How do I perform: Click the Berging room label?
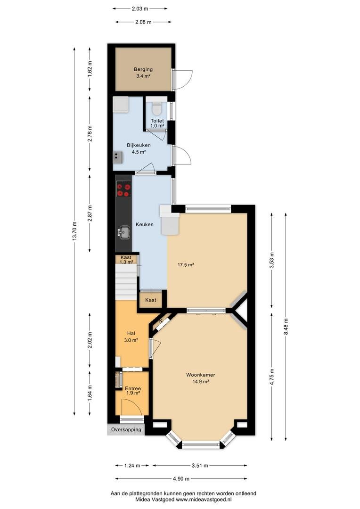pyautogui.click(x=143, y=69)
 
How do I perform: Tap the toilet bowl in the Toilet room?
pyautogui.click(x=157, y=108)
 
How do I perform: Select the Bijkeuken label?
pyautogui.click(x=139, y=146)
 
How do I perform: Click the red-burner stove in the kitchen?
pyautogui.click(x=123, y=190)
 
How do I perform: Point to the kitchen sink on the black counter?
pyautogui.click(x=123, y=232)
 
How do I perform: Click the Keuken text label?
pyautogui.click(x=145, y=224)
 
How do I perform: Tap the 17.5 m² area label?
pyautogui.click(x=186, y=264)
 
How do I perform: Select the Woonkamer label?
pyautogui.click(x=201, y=375)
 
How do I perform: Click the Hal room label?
pyautogui.click(x=131, y=333)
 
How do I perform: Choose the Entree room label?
pyautogui.click(x=133, y=388)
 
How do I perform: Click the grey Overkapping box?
pyautogui.click(x=126, y=429)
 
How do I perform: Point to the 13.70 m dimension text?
pyautogui.click(x=74, y=231)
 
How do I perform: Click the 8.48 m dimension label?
pyautogui.click(x=286, y=327)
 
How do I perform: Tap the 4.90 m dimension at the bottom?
pyautogui.click(x=181, y=478)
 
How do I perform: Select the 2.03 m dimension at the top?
pyautogui.click(x=140, y=9)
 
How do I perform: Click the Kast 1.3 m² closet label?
pyautogui.click(x=126, y=260)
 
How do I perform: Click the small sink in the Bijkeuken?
pyautogui.click(x=118, y=157)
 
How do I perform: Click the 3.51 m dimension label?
pyautogui.click(x=200, y=466)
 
